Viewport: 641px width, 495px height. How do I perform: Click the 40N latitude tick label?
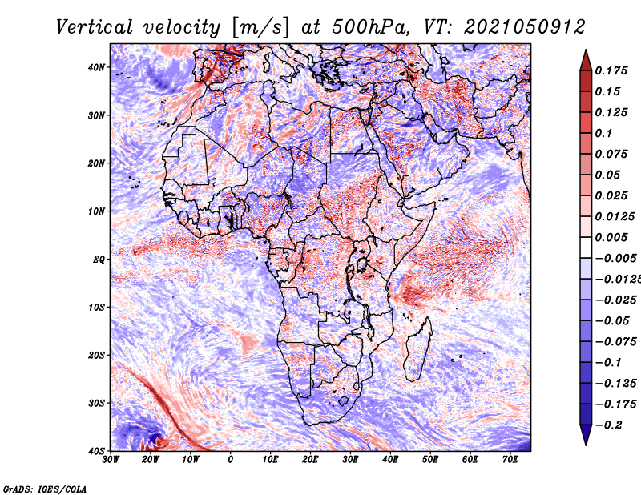pos(96,67)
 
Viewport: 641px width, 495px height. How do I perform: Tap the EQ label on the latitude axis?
pos(99,260)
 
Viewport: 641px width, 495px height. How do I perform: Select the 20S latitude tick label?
pos(96,355)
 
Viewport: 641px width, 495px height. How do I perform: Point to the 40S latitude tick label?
pos(96,451)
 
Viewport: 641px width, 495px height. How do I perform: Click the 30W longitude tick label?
pos(111,460)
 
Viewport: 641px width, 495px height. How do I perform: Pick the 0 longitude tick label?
pos(231,460)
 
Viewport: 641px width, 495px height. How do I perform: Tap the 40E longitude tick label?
pos(390,460)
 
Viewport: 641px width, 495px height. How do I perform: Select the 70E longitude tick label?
pos(510,460)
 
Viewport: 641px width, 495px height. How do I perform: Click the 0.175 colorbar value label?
pos(611,70)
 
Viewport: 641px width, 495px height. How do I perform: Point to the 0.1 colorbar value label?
pos(604,133)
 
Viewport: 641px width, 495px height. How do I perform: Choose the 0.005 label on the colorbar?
pos(611,237)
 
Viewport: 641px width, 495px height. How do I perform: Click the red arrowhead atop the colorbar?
pos(586,60)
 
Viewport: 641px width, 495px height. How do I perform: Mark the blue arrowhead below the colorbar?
pos(586,435)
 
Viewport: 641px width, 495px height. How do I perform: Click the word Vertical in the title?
pos(95,27)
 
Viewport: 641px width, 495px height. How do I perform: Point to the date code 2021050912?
pos(525,27)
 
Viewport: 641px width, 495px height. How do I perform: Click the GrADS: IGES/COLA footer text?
pos(45,489)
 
